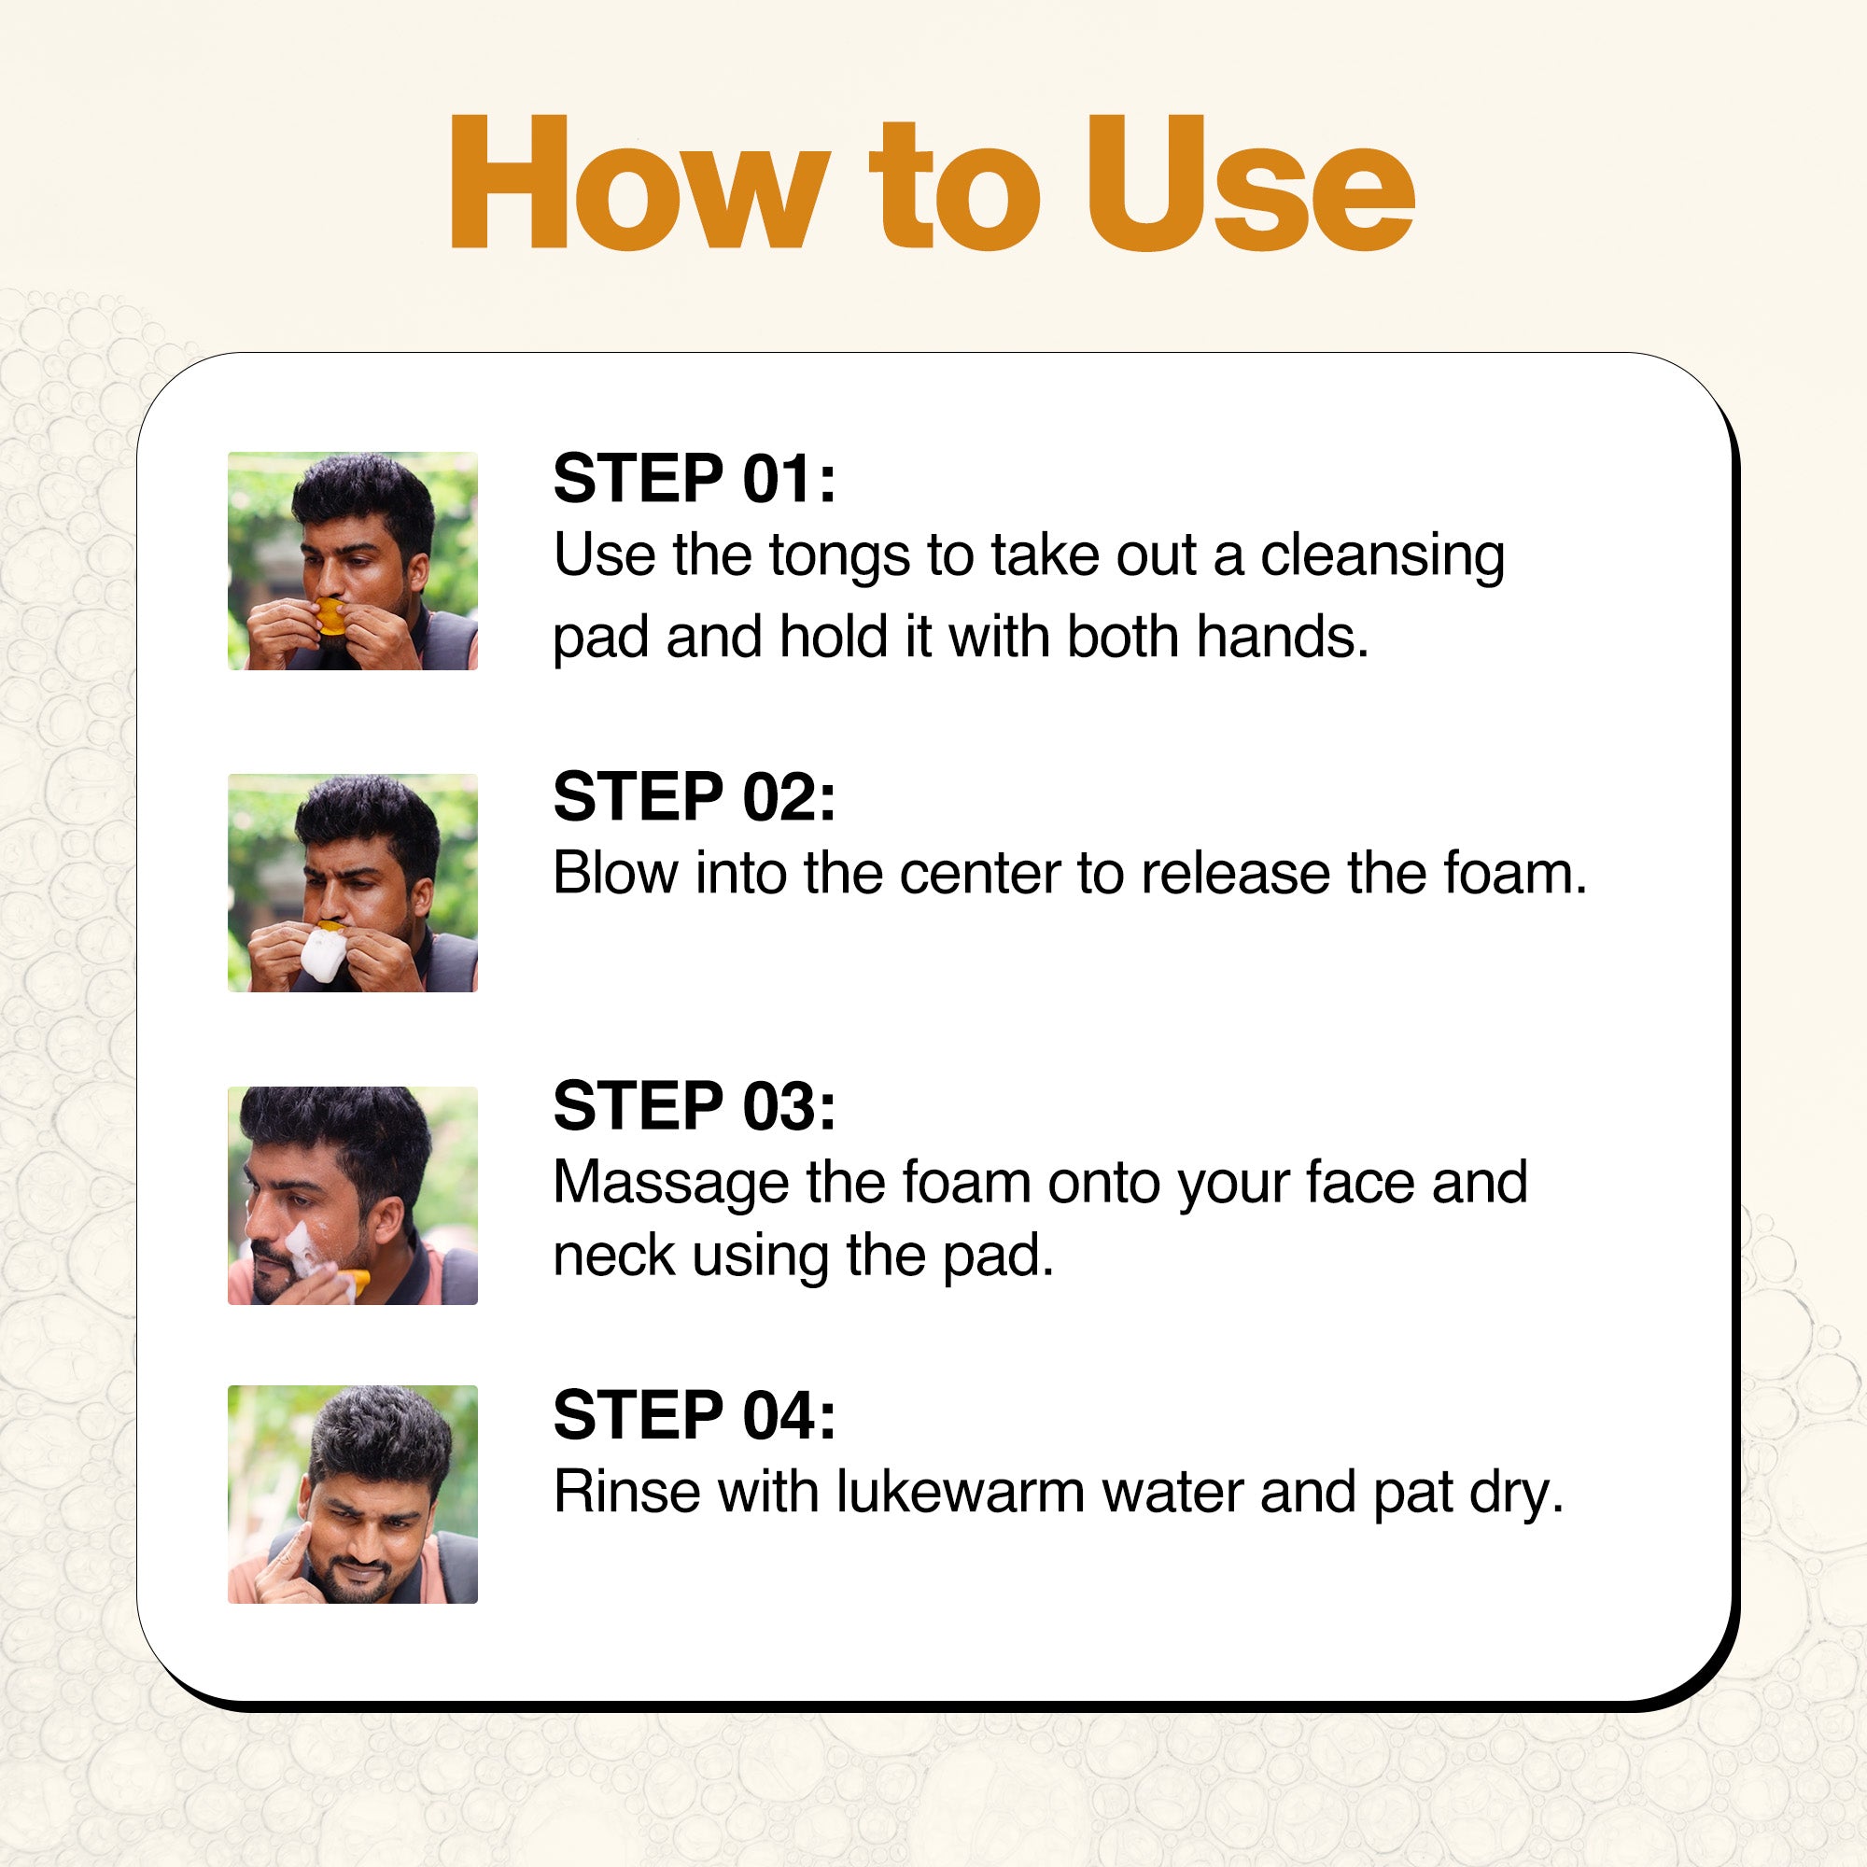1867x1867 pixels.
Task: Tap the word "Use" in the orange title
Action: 1252,184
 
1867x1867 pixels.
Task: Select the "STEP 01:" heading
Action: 694,478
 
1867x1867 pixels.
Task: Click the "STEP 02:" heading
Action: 694,797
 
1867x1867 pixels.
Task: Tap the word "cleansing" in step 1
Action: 1382,557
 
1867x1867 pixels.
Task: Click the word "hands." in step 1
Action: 1283,638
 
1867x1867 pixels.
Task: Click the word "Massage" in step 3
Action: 670,1185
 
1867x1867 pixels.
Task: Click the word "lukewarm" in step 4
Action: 961,1491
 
